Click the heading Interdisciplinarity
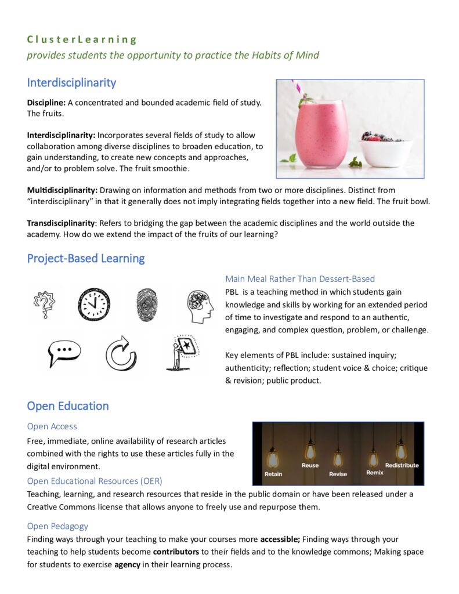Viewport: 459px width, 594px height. [71, 82]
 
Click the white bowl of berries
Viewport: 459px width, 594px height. [385, 151]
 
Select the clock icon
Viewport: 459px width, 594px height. [94, 304]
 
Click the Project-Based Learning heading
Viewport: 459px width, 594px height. [86, 258]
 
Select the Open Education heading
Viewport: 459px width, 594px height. [68, 405]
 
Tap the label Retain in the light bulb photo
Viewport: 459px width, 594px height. [273, 474]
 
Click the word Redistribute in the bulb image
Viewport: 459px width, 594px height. [402, 465]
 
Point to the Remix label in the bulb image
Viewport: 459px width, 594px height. [375, 473]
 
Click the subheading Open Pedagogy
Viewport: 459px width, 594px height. [57, 526]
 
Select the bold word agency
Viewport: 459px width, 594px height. [127, 564]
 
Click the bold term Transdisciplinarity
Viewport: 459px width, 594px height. [61, 223]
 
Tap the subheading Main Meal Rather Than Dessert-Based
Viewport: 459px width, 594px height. [300, 278]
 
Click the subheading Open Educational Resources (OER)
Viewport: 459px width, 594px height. [95, 481]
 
